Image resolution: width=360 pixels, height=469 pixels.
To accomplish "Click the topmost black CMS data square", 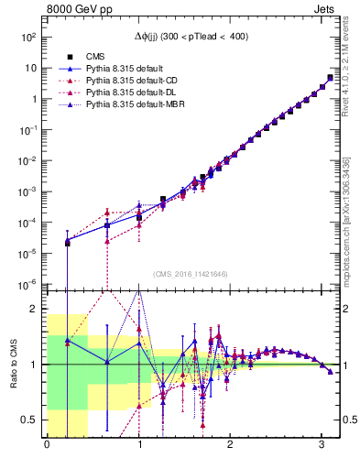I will (331, 78).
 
